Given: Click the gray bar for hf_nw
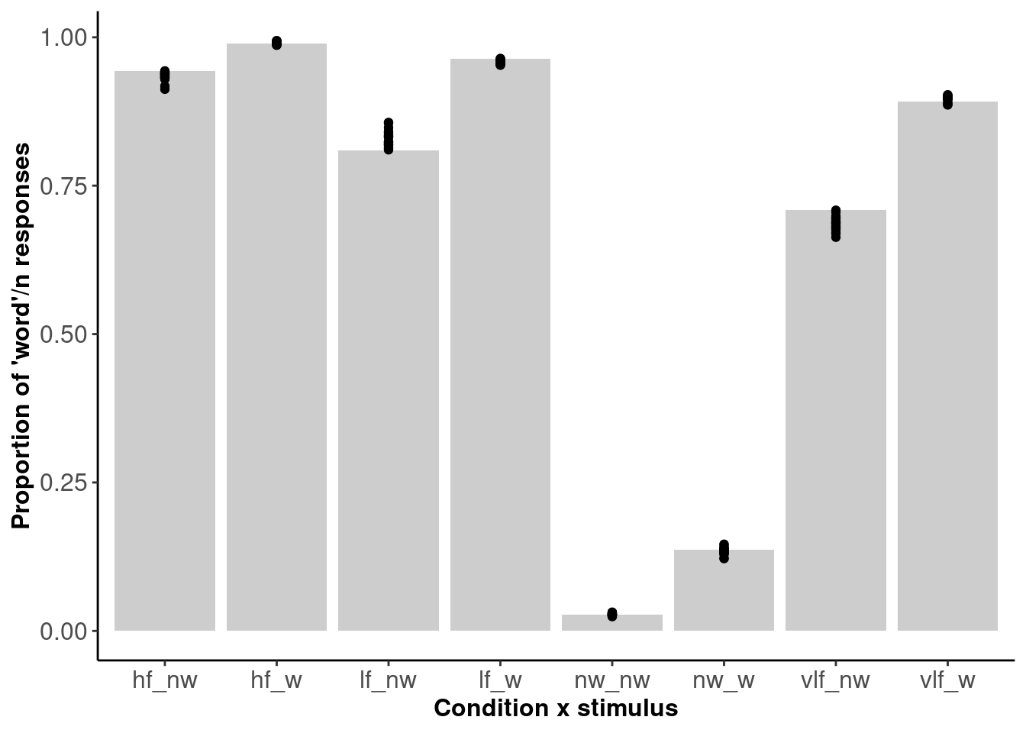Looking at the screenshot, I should [x=165, y=351].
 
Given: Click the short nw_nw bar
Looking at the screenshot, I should [x=612, y=623].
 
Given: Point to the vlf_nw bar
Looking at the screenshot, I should [x=836, y=420].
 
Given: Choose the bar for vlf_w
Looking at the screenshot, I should [x=947, y=366].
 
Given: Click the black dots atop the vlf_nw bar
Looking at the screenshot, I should [x=836, y=223].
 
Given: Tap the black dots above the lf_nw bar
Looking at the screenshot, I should [x=389, y=136].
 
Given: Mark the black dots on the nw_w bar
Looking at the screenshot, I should [x=724, y=551].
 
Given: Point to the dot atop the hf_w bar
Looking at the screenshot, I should [x=276, y=43].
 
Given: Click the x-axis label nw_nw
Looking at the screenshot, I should [x=612, y=680].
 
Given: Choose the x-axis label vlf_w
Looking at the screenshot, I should [x=947, y=680].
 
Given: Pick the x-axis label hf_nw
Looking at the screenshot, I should [x=165, y=680].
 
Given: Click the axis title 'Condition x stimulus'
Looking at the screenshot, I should [x=556, y=709].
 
